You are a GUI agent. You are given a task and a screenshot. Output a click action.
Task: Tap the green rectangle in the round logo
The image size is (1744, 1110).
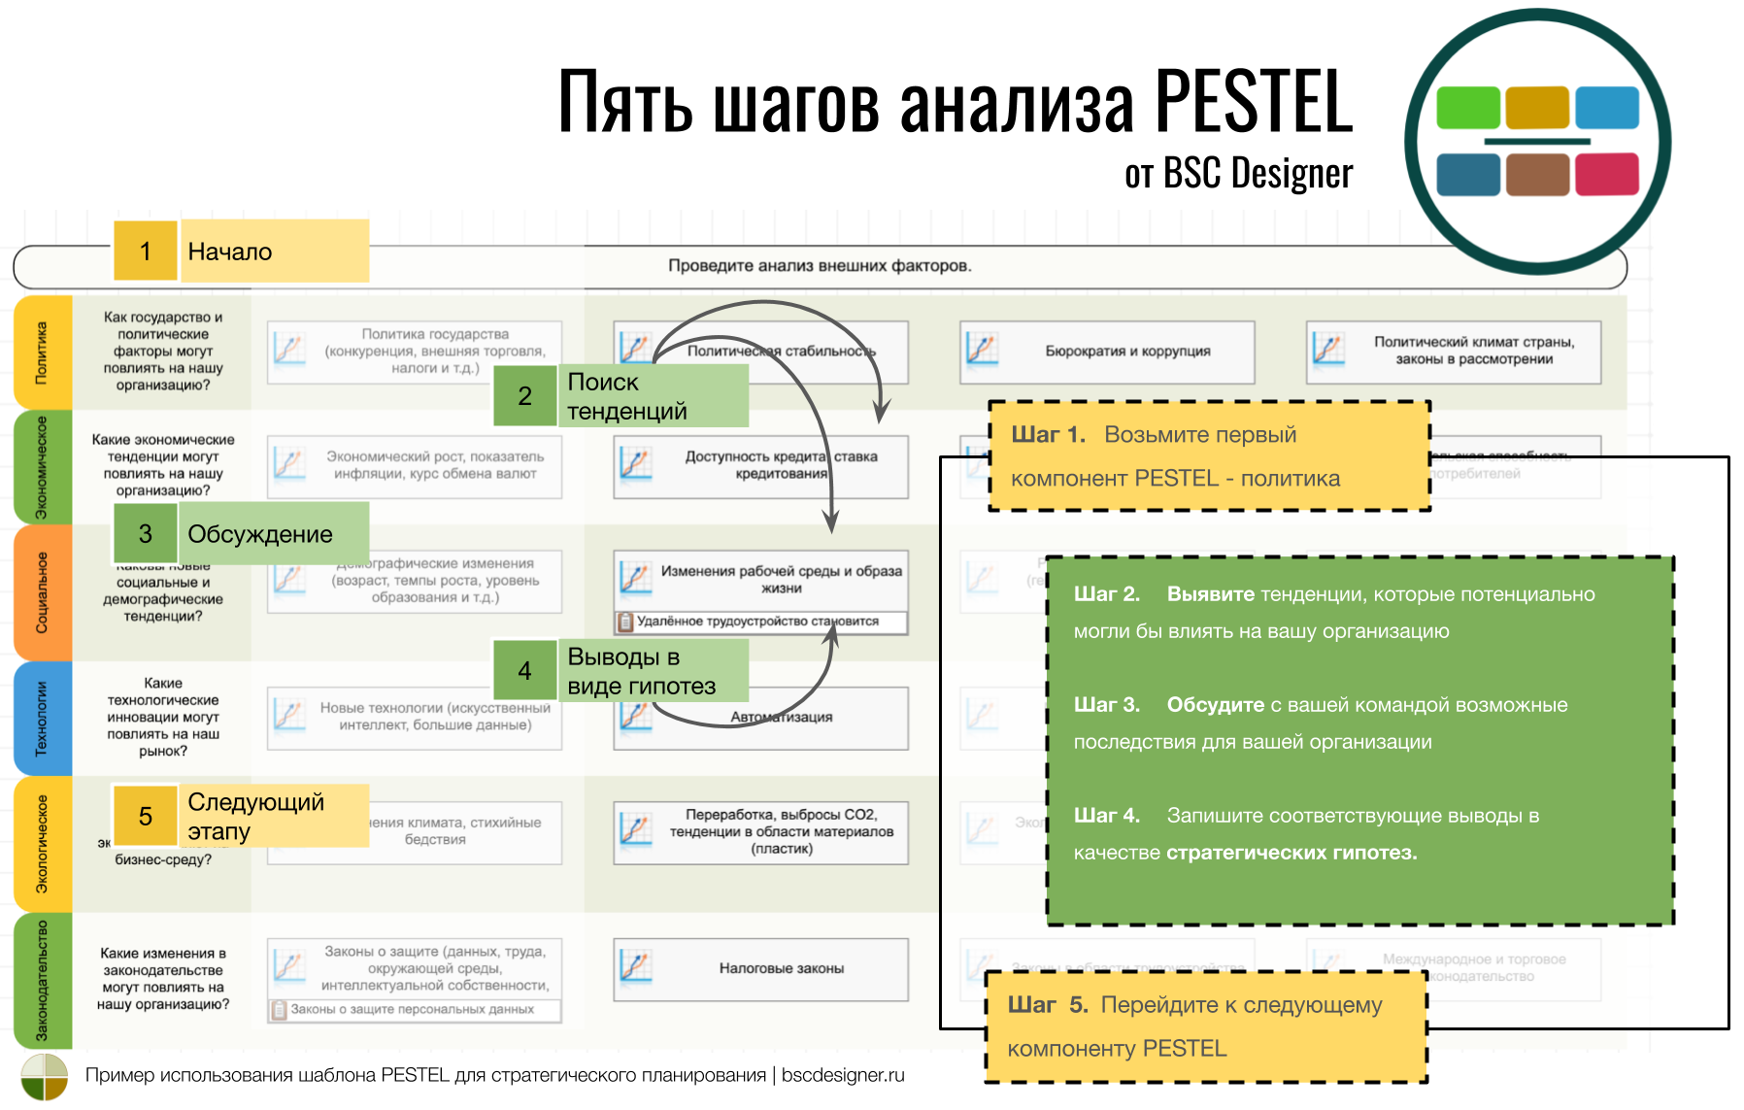tap(1467, 108)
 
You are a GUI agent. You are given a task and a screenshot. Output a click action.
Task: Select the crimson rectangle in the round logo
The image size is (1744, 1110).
tap(1606, 175)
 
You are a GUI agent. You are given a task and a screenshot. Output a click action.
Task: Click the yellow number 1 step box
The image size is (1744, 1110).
tap(145, 252)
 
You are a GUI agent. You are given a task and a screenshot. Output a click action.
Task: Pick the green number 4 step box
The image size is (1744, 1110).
tap(524, 670)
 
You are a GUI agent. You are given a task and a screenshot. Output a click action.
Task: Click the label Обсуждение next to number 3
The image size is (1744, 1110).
tap(260, 534)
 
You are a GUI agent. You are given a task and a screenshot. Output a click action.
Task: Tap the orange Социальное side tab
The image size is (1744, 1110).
tap(43, 592)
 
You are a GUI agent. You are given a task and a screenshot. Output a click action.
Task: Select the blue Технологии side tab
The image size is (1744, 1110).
tap(43, 718)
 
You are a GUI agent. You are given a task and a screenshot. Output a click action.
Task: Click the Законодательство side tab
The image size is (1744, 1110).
tap(43, 981)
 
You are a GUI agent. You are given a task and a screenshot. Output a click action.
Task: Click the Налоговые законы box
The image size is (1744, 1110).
tap(781, 968)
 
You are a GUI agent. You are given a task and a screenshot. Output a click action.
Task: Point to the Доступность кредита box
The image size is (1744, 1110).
tap(781, 465)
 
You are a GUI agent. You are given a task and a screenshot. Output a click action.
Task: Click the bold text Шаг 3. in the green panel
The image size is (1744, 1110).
tap(1105, 705)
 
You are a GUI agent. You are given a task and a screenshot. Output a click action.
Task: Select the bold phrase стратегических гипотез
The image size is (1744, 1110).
tap(1291, 853)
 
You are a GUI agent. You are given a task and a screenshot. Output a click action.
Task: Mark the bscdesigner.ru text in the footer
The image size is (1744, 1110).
tap(842, 1075)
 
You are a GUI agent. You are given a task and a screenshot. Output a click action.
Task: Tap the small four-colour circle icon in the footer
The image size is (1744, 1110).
tap(45, 1077)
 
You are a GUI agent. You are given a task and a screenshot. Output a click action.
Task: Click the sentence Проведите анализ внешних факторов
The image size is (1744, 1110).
tap(819, 266)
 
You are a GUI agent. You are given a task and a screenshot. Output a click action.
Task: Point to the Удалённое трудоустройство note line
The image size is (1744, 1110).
tap(757, 622)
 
